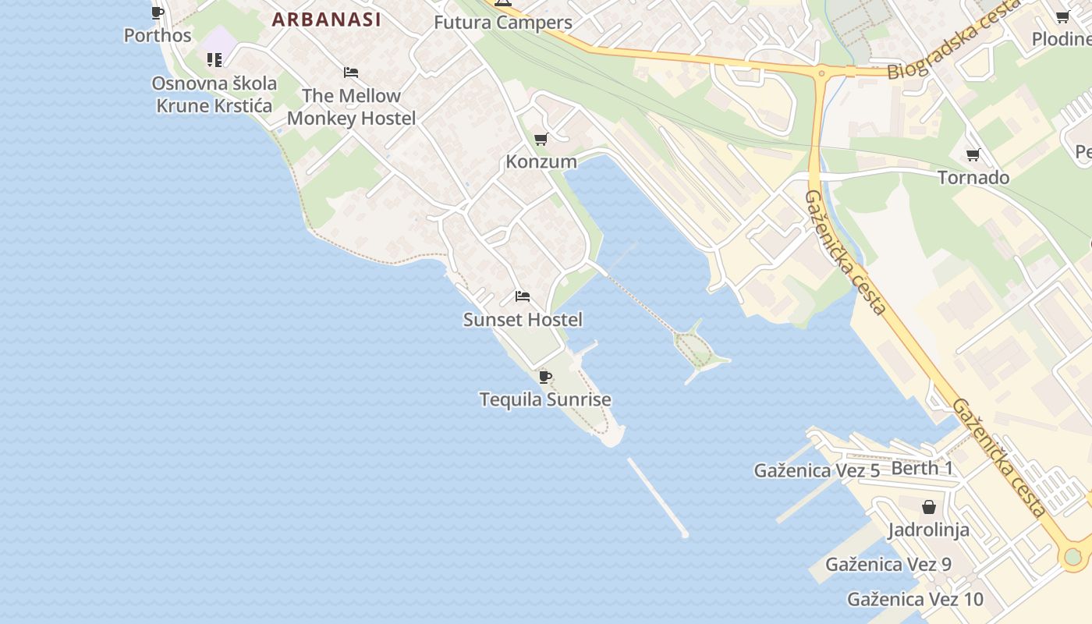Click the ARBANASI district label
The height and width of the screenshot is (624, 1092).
pos(326,19)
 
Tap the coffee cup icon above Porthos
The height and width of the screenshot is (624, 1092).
pos(158,12)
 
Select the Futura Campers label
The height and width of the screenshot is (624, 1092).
pos(502,23)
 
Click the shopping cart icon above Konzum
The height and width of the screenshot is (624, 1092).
pos(541,140)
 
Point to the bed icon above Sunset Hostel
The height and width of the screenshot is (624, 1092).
pos(523,296)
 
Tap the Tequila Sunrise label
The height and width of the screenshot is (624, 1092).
pos(545,399)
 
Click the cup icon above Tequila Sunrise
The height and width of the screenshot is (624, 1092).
pos(545,378)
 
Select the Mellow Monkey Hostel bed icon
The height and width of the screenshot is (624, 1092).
pos(351,73)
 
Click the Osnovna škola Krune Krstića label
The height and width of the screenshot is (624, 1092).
pos(214,94)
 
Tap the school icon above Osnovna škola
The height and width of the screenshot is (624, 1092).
pos(214,59)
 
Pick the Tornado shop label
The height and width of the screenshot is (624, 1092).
pos(973,178)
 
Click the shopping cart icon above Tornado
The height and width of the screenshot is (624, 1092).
pos(973,155)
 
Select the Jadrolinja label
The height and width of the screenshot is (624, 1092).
pos(928,530)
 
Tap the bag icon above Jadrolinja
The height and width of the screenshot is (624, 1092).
pos(928,508)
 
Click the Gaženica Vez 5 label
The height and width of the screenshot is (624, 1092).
pos(817,470)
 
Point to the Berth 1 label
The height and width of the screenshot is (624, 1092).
pos(922,468)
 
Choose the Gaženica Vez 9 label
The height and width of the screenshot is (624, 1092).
pos(888,564)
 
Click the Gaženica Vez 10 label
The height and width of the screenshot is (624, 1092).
pos(915,599)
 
